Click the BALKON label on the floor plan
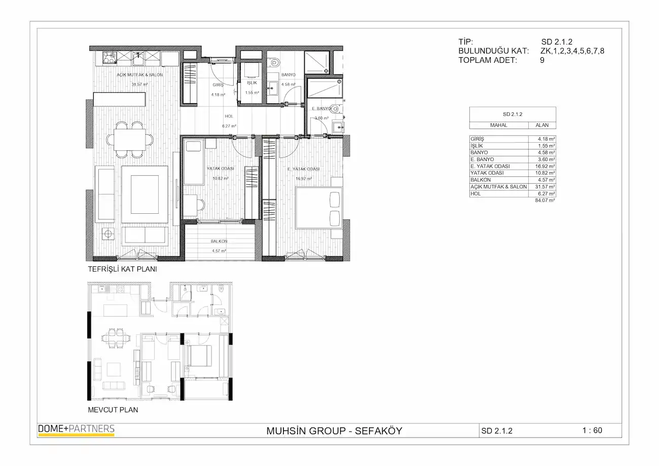(x=219, y=241)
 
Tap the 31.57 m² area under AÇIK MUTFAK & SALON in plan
(x=139, y=85)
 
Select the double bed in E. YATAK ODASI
(x=319, y=208)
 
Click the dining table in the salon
(x=129, y=140)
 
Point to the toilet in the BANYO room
(x=274, y=62)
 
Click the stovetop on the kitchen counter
(x=109, y=58)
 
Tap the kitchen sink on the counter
(x=138, y=59)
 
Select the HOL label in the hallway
(x=229, y=116)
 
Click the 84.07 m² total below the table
(x=545, y=201)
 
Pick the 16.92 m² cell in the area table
(x=545, y=167)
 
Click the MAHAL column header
(x=499, y=125)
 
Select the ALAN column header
(x=542, y=125)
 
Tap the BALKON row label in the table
(x=481, y=180)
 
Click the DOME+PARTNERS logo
(x=76, y=430)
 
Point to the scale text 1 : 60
(x=592, y=431)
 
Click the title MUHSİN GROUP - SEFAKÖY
(x=334, y=431)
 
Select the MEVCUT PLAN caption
(x=113, y=410)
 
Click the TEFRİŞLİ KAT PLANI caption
(x=122, y=269)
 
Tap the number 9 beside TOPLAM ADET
(x=542, y=60)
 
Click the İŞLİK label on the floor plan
(x=252, y=83)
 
